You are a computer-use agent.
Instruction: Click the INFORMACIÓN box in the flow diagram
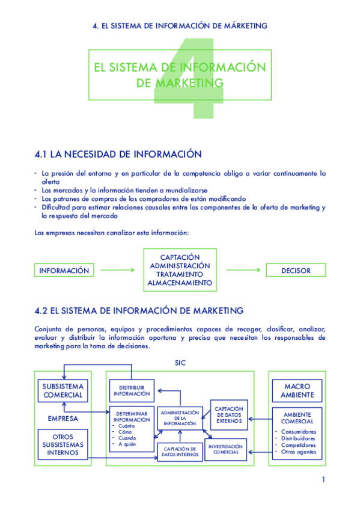point(64,271)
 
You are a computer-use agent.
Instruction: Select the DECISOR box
point(296,271)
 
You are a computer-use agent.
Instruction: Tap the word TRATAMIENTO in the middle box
point(180,274)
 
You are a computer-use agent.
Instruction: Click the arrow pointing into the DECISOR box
point(244,271)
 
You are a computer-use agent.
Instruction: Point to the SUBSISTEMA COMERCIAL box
point(63,390)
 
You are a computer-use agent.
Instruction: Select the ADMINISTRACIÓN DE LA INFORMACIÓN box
point(179,419)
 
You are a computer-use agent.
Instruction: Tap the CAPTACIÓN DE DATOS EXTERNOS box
point(228,415)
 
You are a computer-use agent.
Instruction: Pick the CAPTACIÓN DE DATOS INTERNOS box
point(180,452)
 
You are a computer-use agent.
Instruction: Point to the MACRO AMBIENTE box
point(297,390)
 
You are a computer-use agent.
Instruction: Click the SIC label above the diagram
point(180,363)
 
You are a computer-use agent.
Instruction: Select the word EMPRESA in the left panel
point(63,418)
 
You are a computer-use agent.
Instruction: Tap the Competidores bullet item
point(298,445)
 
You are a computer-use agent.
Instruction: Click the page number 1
point(323,479)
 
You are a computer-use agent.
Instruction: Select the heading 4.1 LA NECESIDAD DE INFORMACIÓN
point(118,155)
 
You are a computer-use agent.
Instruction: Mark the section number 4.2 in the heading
point(41,311)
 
